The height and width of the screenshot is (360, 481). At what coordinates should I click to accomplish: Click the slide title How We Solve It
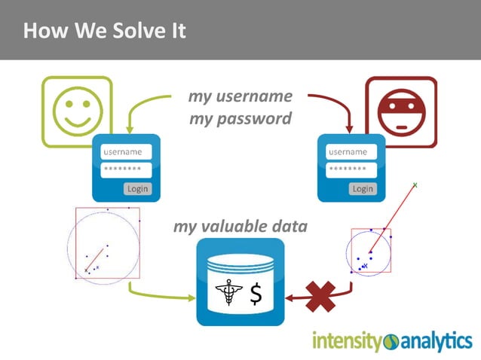point(104,31)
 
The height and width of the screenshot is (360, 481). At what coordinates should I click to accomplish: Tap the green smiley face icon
point(76,111)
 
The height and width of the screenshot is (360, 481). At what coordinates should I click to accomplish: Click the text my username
point(240,96)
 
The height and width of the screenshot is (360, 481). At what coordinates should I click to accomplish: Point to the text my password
point(240,119)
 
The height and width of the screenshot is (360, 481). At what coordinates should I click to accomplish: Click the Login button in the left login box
point(137,188)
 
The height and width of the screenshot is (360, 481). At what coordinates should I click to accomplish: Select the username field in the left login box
point(127,152)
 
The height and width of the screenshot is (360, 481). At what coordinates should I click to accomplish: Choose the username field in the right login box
point(351,152)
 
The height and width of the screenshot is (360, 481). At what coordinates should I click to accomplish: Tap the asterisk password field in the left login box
point(127,170)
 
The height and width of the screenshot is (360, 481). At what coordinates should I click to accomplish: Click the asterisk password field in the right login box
point(351,170)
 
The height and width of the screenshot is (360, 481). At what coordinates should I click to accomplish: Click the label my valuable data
point(240,226)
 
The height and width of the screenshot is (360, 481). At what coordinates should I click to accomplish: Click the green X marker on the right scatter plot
point(415,184)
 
